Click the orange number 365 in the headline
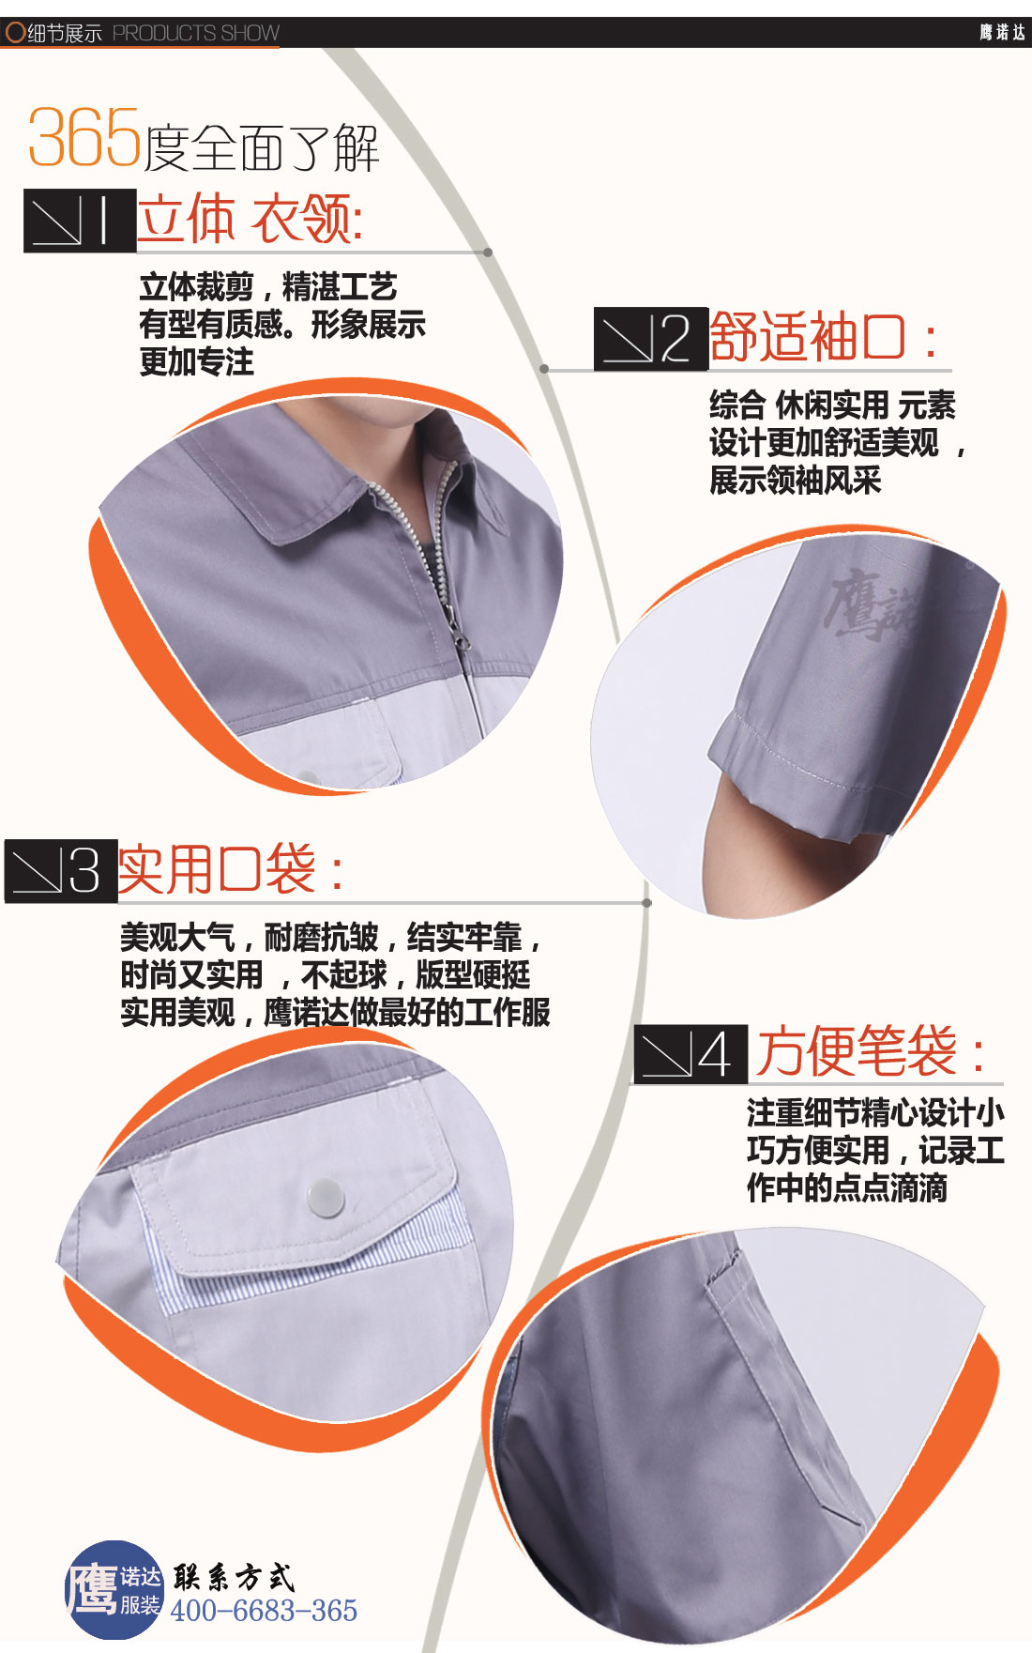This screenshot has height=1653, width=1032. point(84,138)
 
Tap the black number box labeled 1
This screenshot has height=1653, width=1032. point(80,221)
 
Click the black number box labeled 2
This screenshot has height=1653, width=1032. point(650,338)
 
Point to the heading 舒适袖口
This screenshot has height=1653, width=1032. point(822,337)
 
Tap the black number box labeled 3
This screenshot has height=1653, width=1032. point(61,870)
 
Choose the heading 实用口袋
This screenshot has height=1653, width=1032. point(230,869)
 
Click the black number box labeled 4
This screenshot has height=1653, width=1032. point(691,1054)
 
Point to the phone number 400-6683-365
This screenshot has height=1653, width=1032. point(264,1611)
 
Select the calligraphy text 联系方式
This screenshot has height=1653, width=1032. point(234,1577)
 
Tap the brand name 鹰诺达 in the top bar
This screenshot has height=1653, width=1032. point(1002,33)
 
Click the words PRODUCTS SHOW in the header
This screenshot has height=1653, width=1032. point(195,34)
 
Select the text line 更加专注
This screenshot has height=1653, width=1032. point(196,362)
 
